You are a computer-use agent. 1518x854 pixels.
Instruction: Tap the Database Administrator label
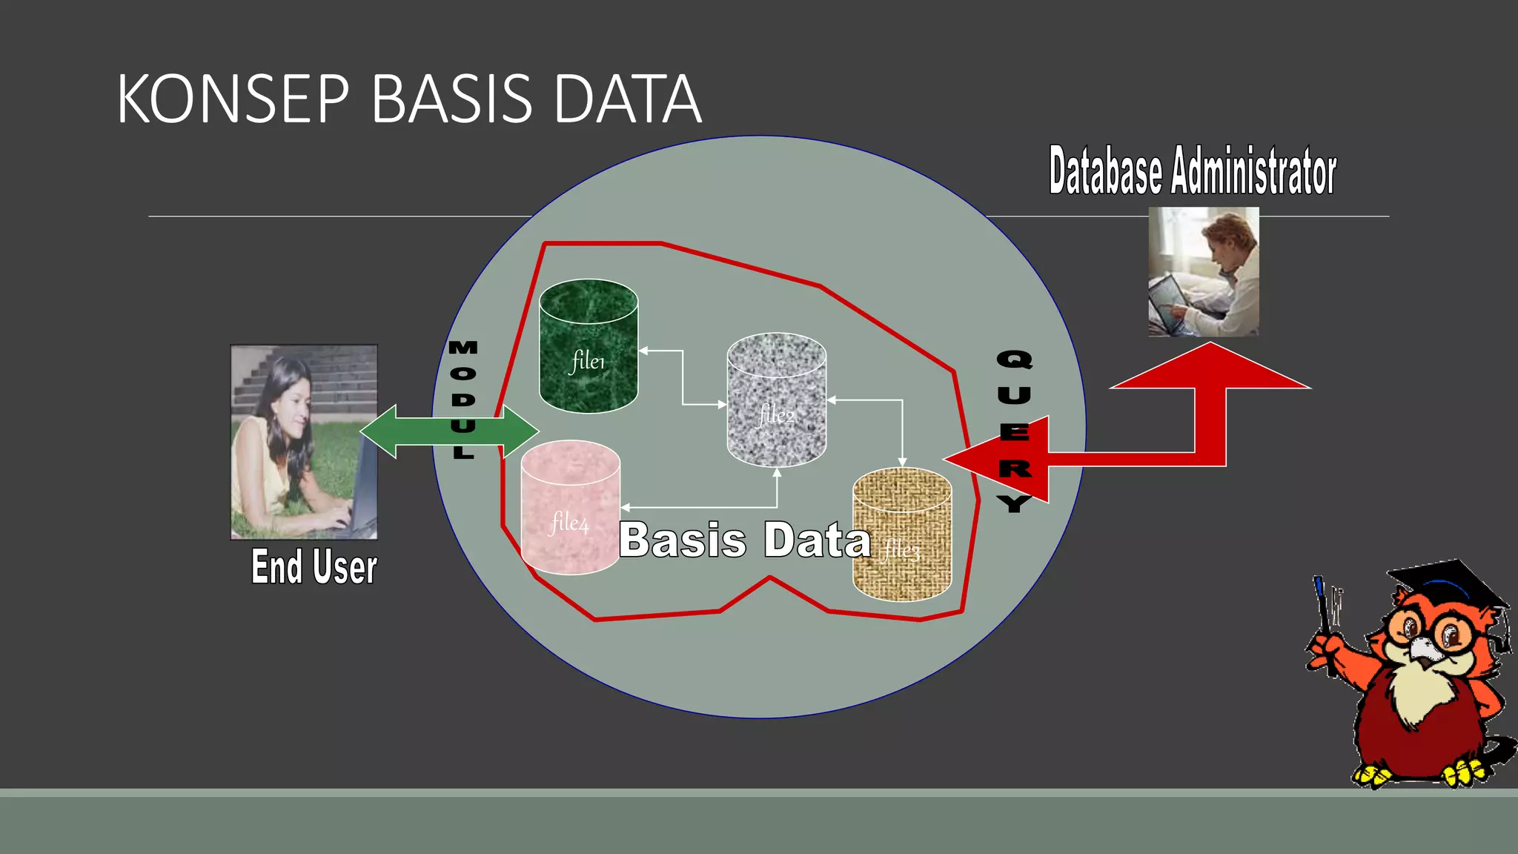click(1192, 171)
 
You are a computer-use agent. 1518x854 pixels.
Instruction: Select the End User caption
click(314, 567)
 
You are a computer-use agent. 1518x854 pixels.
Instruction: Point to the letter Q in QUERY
click(1014, 360)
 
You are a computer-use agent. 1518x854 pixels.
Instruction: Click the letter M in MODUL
click(463, 348)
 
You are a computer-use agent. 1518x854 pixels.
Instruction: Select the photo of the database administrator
click(1203, 271)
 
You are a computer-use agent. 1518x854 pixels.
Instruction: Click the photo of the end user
click(304, 442)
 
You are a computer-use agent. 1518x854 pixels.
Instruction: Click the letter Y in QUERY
click(1014, 503)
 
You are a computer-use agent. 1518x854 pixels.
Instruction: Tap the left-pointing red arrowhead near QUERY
click(978, 460)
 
